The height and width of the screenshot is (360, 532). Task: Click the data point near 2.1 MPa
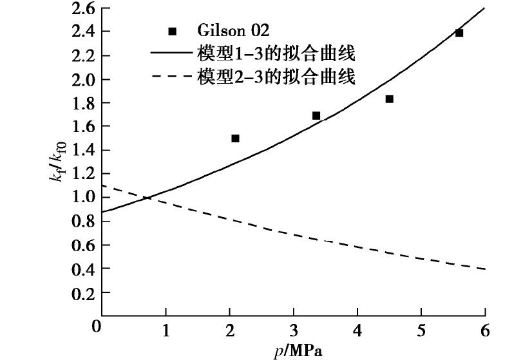(235, 138)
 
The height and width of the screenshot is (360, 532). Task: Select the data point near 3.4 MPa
(316, 116)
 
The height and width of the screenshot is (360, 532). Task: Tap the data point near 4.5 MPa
(389, 99)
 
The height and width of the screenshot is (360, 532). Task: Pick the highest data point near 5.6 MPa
(459, 33)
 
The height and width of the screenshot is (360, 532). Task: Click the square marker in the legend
(172, 32)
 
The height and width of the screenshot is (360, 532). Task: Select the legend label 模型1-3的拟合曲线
(275, 53)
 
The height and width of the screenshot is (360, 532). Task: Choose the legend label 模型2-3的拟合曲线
(275, 77)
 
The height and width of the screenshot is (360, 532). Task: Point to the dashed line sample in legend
(171, 77)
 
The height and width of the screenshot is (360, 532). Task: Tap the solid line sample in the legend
(171, 53)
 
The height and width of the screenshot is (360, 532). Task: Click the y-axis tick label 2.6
(82, 8)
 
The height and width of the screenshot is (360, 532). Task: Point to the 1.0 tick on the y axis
(82, 198)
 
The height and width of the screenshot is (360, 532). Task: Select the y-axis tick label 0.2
(82, 292)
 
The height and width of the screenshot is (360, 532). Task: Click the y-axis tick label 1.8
(82, 103)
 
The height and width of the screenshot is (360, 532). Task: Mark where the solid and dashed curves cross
(147, 198)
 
